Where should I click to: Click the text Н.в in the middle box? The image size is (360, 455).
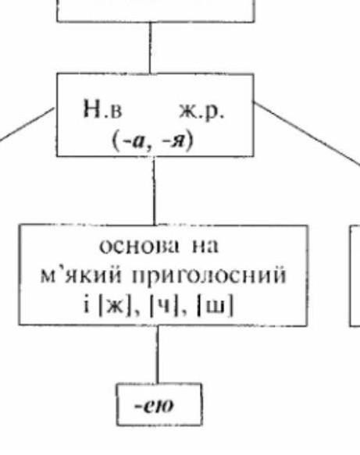pos(102,109)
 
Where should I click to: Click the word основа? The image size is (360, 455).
pos(139,247)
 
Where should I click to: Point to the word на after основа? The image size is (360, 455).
pos(205,247)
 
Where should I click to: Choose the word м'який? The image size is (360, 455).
pos(80,275)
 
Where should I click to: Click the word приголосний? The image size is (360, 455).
pos(209,276)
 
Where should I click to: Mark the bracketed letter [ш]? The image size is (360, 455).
pos(215,306)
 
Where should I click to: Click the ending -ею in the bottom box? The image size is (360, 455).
pos(154,406)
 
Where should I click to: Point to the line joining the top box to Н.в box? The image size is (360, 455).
pos(150,48)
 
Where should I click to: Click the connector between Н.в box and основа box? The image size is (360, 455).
pos(154,190)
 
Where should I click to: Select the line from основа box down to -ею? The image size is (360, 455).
pos(158,354)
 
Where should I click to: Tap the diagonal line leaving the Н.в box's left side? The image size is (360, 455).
pos(27,125)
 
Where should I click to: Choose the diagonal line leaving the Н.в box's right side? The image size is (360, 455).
pos(307,133)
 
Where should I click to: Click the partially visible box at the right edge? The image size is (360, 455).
pos(355,275)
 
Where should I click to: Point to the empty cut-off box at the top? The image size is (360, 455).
pos(156,20)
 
